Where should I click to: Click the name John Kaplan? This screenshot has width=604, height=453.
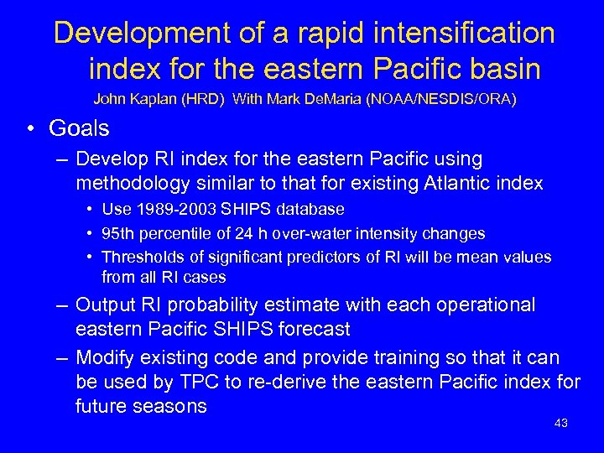[130, 99]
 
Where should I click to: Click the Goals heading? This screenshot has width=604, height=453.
[79, 128]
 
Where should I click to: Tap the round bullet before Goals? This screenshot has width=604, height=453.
[31, 129]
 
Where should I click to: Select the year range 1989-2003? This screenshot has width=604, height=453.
[171, 209]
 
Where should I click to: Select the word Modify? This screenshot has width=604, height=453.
[105, 358]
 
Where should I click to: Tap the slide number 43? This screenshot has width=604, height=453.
[561, 423]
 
